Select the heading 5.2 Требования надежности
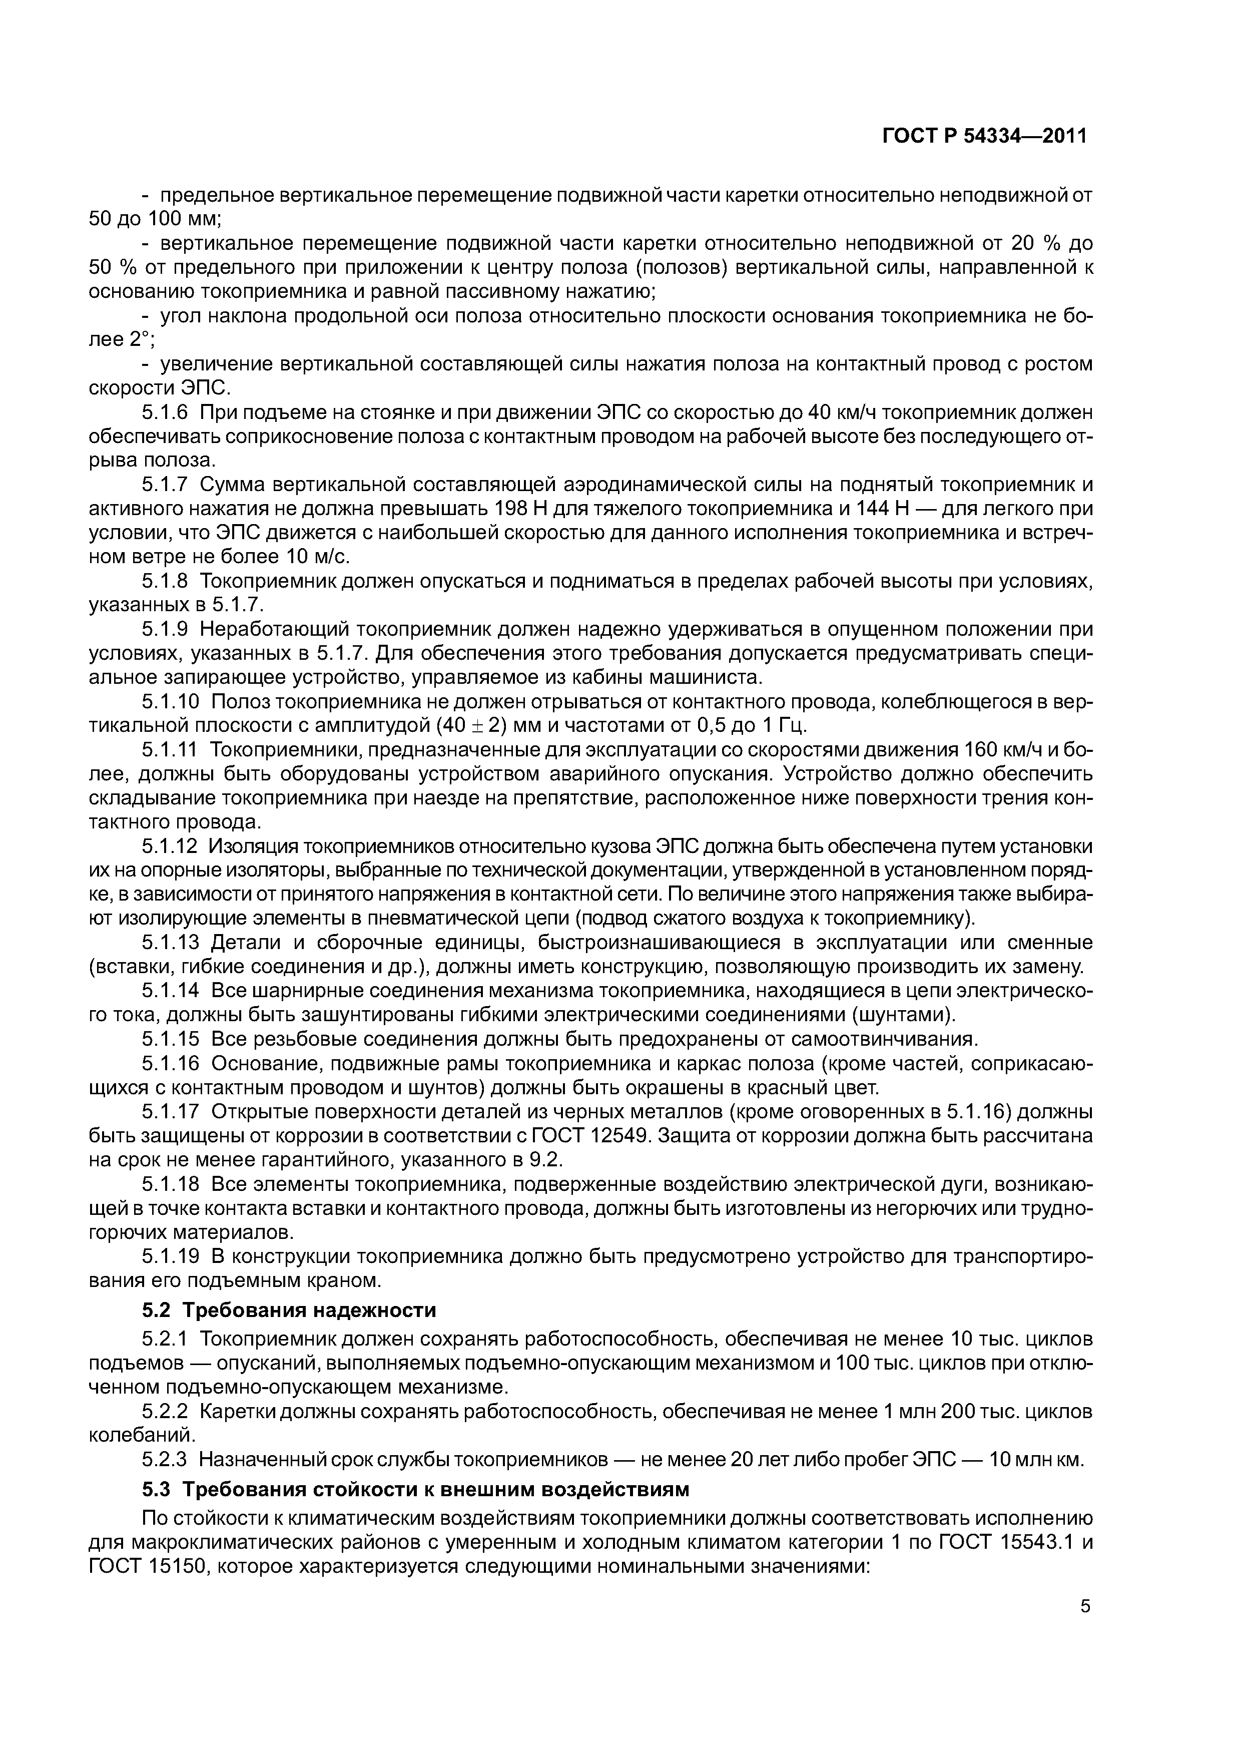289,1310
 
